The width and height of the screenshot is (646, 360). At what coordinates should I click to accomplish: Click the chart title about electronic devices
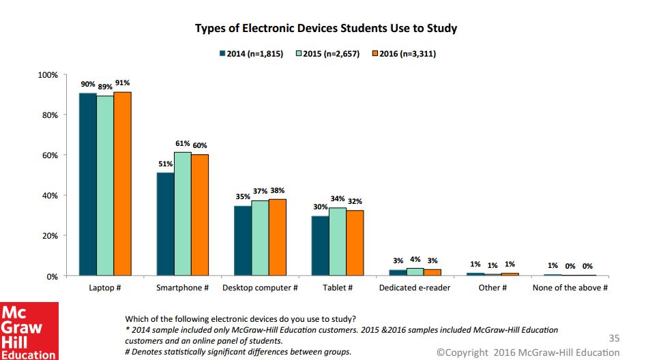click(326, 29)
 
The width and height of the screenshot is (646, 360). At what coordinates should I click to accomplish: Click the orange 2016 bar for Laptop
click(122, 184)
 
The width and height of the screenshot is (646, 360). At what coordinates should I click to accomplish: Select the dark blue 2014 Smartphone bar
click(165, 224)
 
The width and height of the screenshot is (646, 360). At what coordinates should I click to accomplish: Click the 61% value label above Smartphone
click(182, 144)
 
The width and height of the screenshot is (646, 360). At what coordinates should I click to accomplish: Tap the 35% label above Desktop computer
click(242, 196)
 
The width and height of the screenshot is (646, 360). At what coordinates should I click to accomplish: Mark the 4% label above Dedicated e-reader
click(415, 259)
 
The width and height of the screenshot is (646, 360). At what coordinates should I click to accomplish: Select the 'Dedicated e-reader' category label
click(415, 288)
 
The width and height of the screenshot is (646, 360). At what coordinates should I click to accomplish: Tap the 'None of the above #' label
click(570, 288)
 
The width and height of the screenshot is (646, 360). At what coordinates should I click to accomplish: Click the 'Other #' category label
click(492, 288)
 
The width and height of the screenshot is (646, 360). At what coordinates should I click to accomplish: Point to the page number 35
click(613, 337)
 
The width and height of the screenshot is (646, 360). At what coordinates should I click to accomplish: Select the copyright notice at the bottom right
click(528, 352)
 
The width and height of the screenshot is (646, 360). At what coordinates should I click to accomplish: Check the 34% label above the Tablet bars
click(337, 199)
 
